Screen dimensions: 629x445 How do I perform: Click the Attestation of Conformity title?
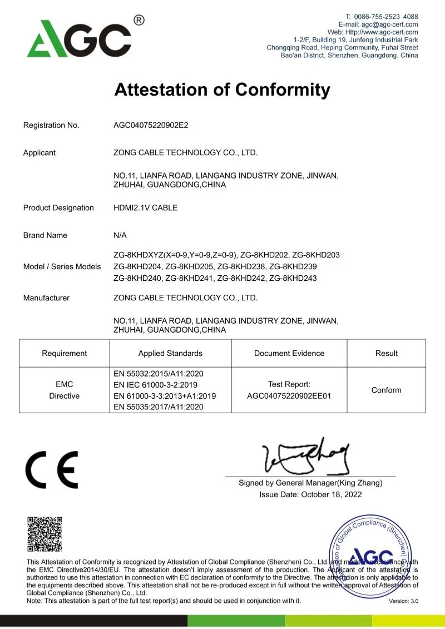coord(222,90)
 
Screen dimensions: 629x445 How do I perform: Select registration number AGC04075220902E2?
coord(151,125)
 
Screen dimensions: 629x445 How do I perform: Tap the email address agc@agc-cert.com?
coord(390,24)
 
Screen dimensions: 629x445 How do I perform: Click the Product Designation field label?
coord(58,208)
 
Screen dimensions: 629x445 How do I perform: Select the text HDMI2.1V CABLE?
coord(145,208)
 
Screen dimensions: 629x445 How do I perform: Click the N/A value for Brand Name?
coord(120,235)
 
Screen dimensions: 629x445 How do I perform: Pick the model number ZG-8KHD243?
coord(293,278)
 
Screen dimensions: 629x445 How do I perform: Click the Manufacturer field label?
coord(46,298)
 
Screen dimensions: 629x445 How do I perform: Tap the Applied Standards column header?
coord(170,353)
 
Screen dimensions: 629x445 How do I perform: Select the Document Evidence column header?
coord(289,353)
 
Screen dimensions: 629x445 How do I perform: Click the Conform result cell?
coord(386,390)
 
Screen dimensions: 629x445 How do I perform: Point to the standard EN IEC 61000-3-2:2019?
coord(155,385)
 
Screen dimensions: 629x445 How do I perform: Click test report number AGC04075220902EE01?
coord(289,396)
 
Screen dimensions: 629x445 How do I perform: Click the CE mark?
coord(52,469)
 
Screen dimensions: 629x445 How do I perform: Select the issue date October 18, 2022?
coord(332,494)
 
